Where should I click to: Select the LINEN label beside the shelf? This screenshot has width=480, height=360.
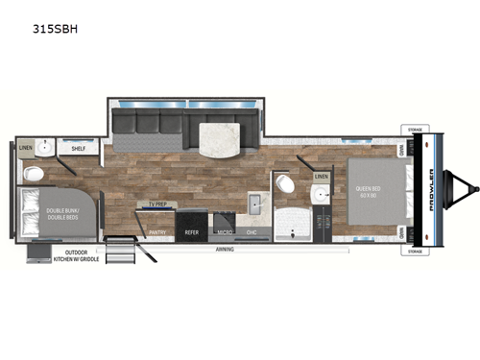coord(26,148)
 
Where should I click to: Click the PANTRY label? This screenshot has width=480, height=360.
coord(158,231)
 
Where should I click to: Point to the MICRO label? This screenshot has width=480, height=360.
coord(223,231)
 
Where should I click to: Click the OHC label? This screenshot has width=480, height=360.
coord(251,231)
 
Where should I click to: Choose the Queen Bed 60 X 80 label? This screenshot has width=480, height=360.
coord(368,191)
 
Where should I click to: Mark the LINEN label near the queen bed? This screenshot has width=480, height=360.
coord(321,178)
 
